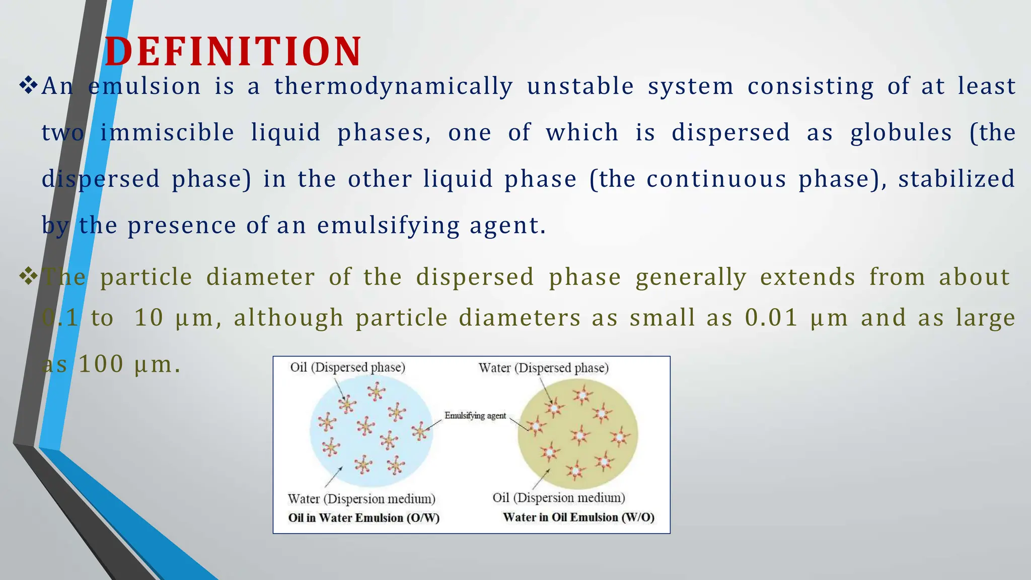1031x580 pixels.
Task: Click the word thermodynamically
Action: pyautogui.click(x=394, y=87)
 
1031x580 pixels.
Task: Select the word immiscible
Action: pyautogui.click(x=167, y=133)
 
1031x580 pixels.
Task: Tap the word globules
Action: pyautogui.click(x=901, y=133)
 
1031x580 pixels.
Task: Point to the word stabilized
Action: pyautogui.click(x=956, y=179)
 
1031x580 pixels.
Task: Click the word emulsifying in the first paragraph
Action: pyautogui.click(x=388, y=226)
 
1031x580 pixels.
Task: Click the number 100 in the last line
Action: pyautogui.click(x=101, y=365)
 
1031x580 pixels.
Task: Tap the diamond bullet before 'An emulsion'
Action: pyautogui.click(x=29, y=85)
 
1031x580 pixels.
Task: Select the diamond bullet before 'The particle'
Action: pyautogui.click(x=29, y=276)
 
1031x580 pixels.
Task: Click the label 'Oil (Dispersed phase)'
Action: pyautogui.click(x=347, y=367)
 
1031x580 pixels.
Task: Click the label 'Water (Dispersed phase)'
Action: pyautogui.click(x=543, y=368)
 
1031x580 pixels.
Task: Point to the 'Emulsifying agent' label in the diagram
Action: pyautogui.click(x=475, y=416)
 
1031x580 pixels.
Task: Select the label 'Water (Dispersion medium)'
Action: pyautogui.click(x=361, y=499)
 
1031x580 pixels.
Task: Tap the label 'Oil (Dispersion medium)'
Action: pyautogui.click(x=558, y=498)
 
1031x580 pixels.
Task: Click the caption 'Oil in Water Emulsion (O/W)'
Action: pyautogui.click(x=363, y=518)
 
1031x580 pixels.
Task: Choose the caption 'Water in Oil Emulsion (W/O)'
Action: pyautogui.click(x=578, y=518)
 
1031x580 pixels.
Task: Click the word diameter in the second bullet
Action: pyautogui.click(x=260, y=277)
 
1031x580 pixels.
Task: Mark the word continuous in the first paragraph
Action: pyautogui.click(x=716, y=179)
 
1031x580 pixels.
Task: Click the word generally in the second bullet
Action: pyautogui.click(x=691, y=277)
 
